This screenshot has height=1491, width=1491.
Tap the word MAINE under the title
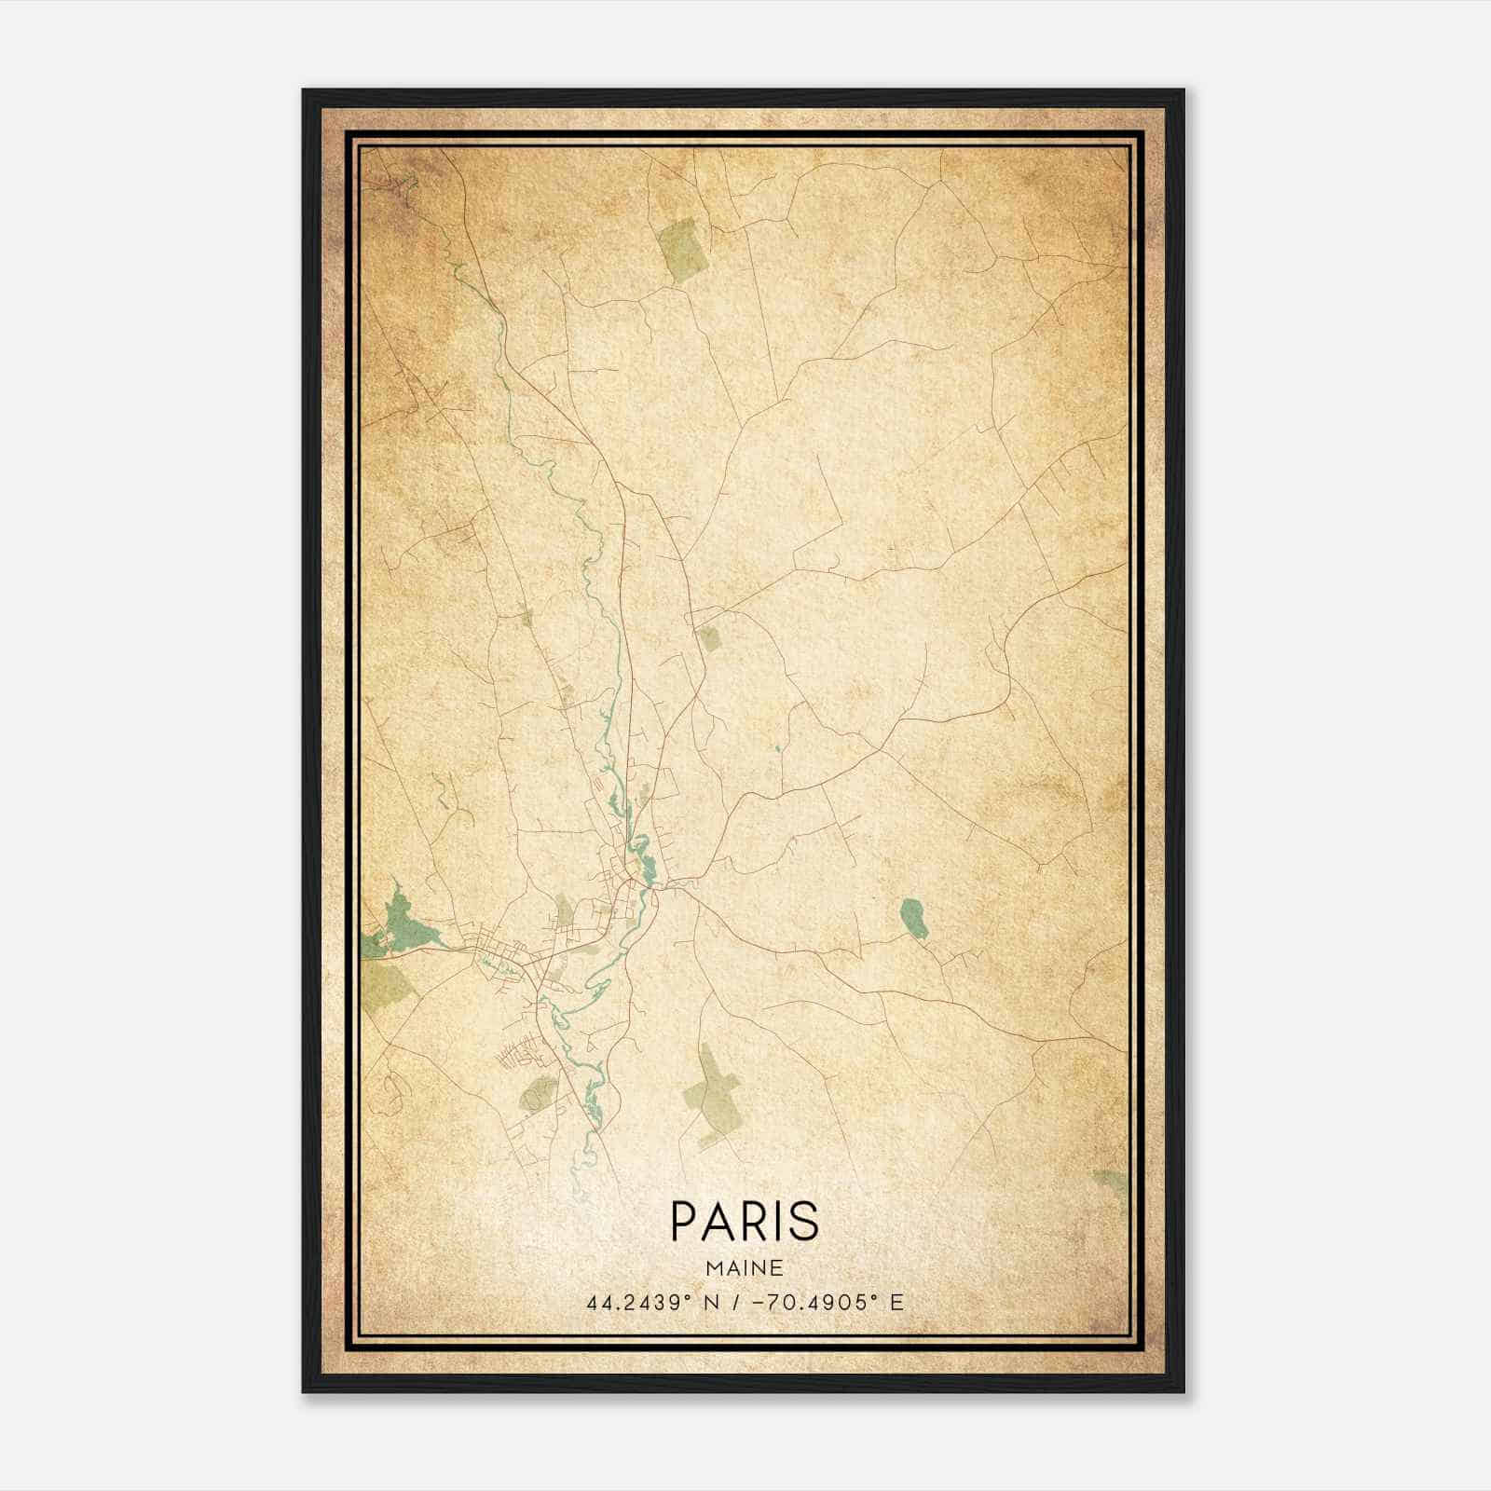click(x=745, y=1268)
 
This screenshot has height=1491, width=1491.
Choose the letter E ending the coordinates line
click(x=896, y=1302)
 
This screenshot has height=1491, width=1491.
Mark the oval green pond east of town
click(x=913, y=917)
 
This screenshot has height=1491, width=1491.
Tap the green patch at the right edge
click(x=1111, y=1183)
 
